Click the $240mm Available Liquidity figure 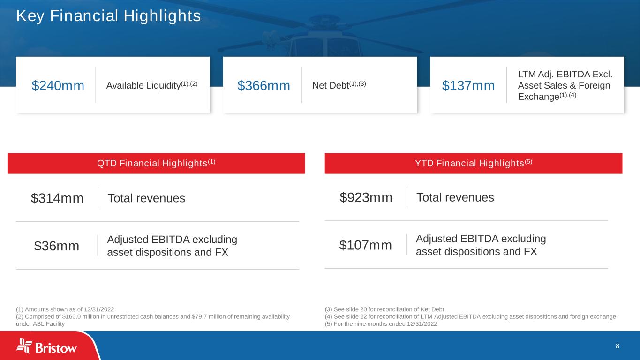58,85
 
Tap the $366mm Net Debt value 264,85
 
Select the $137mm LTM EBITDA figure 468,85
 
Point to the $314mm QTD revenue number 57,198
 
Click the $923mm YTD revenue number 366,197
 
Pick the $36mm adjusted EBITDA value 57,246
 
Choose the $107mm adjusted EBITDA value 365,245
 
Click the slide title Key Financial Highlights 108,16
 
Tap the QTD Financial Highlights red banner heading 156,163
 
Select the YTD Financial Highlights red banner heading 474,163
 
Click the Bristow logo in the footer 46,346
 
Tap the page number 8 617,346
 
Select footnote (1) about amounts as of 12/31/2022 65,309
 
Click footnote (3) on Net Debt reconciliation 384,309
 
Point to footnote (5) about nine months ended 381,324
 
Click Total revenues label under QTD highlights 146,198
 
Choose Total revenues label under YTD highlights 455,197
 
